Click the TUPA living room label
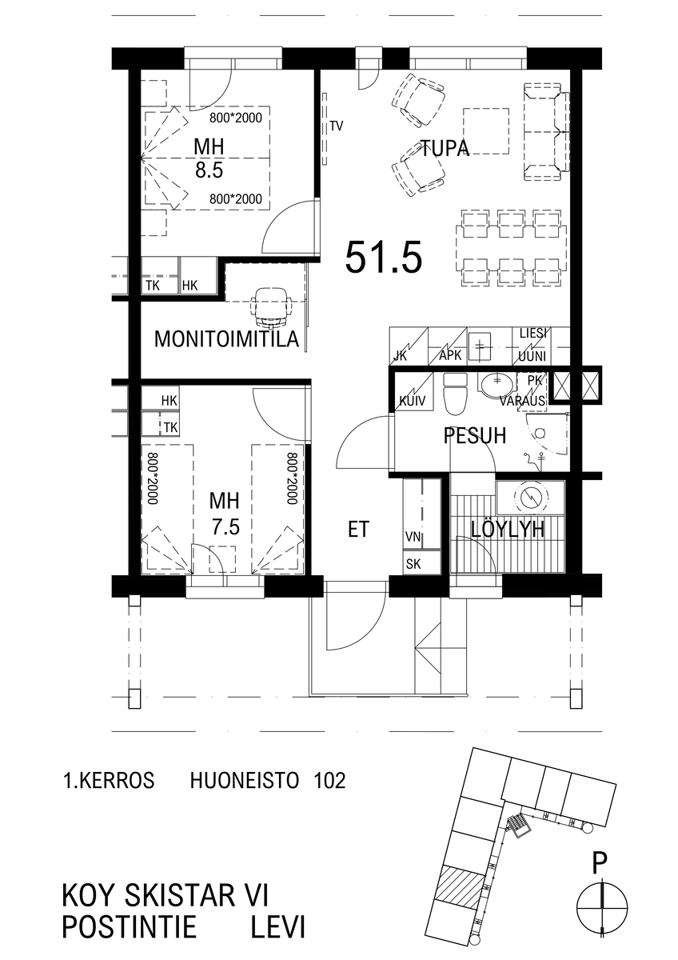pos(445,148)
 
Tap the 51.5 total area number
pos(384,258)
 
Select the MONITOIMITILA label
pos(226,339)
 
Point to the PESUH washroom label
pos(475,435)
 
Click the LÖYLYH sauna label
pos(508,530)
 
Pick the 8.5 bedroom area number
pos(209,170)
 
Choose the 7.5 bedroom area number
pos(225,526)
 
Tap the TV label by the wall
pos(337,126)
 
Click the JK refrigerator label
pos(400,356)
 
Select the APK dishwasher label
pos(451,355)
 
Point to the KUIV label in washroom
pos(412,401)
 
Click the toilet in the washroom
pos(455,394)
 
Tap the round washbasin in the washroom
pos(497,385)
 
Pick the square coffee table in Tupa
pos(486,130)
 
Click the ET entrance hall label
pos(358,530)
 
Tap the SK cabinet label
pos(413,564)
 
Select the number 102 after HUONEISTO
pos(329,781)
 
